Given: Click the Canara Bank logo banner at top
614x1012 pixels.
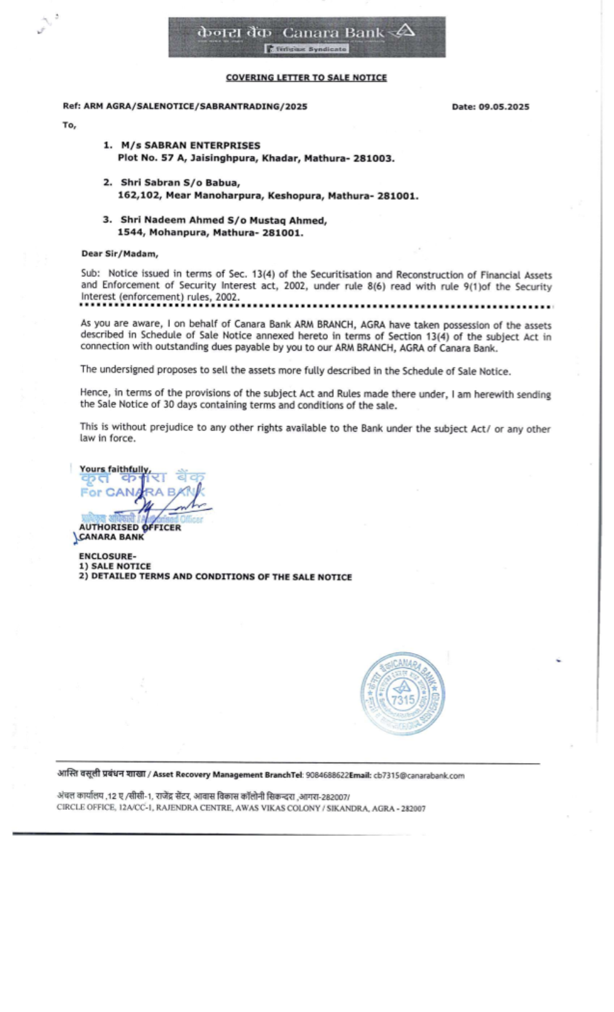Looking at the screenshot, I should pos(307,37).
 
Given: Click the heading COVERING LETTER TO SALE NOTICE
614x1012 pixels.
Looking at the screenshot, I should pos(306,77).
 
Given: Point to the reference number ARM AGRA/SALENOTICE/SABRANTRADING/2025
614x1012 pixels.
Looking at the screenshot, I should pos(195,106).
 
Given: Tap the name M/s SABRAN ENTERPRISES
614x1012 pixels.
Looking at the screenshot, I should pos(190,146).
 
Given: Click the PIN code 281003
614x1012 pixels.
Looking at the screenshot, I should pos(373,158).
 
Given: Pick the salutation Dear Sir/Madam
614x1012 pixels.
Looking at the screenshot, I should pos(120,254).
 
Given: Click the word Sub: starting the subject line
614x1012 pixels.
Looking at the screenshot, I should pos(90,274).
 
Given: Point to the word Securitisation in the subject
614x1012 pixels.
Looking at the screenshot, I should pos(341,274).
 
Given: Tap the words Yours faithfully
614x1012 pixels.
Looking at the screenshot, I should pos(115,469).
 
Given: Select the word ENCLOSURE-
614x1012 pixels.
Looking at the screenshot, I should pos(107,556).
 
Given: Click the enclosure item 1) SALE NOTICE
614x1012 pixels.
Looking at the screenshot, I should pos(115,566).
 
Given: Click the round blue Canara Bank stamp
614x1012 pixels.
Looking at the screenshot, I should pos(402,693).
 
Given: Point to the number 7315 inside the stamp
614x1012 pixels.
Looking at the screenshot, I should pos(403,699).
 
